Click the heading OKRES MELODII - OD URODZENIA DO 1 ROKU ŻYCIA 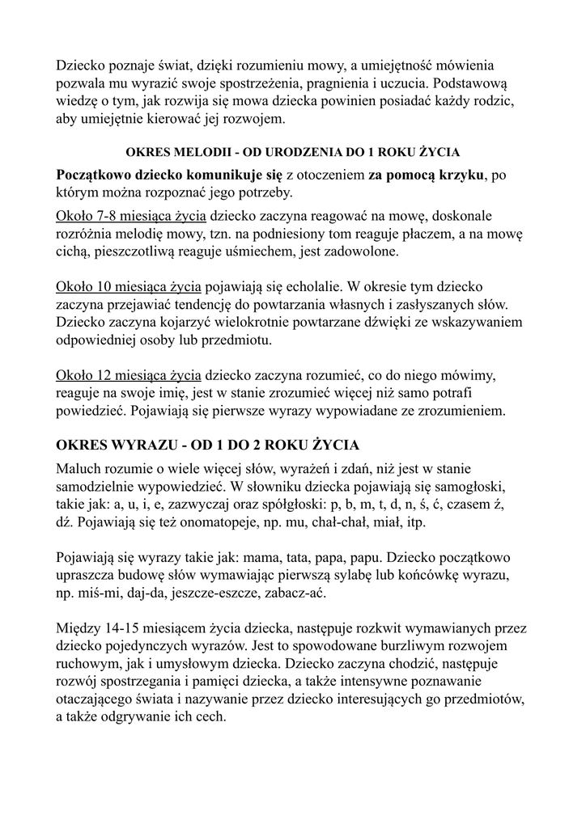(x=292, y=151)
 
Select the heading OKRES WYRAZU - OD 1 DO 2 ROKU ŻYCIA (x=208, y=446)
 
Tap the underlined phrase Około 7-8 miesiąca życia (x=132, y=216)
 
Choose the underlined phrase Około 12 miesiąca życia (x=129, y=375)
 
